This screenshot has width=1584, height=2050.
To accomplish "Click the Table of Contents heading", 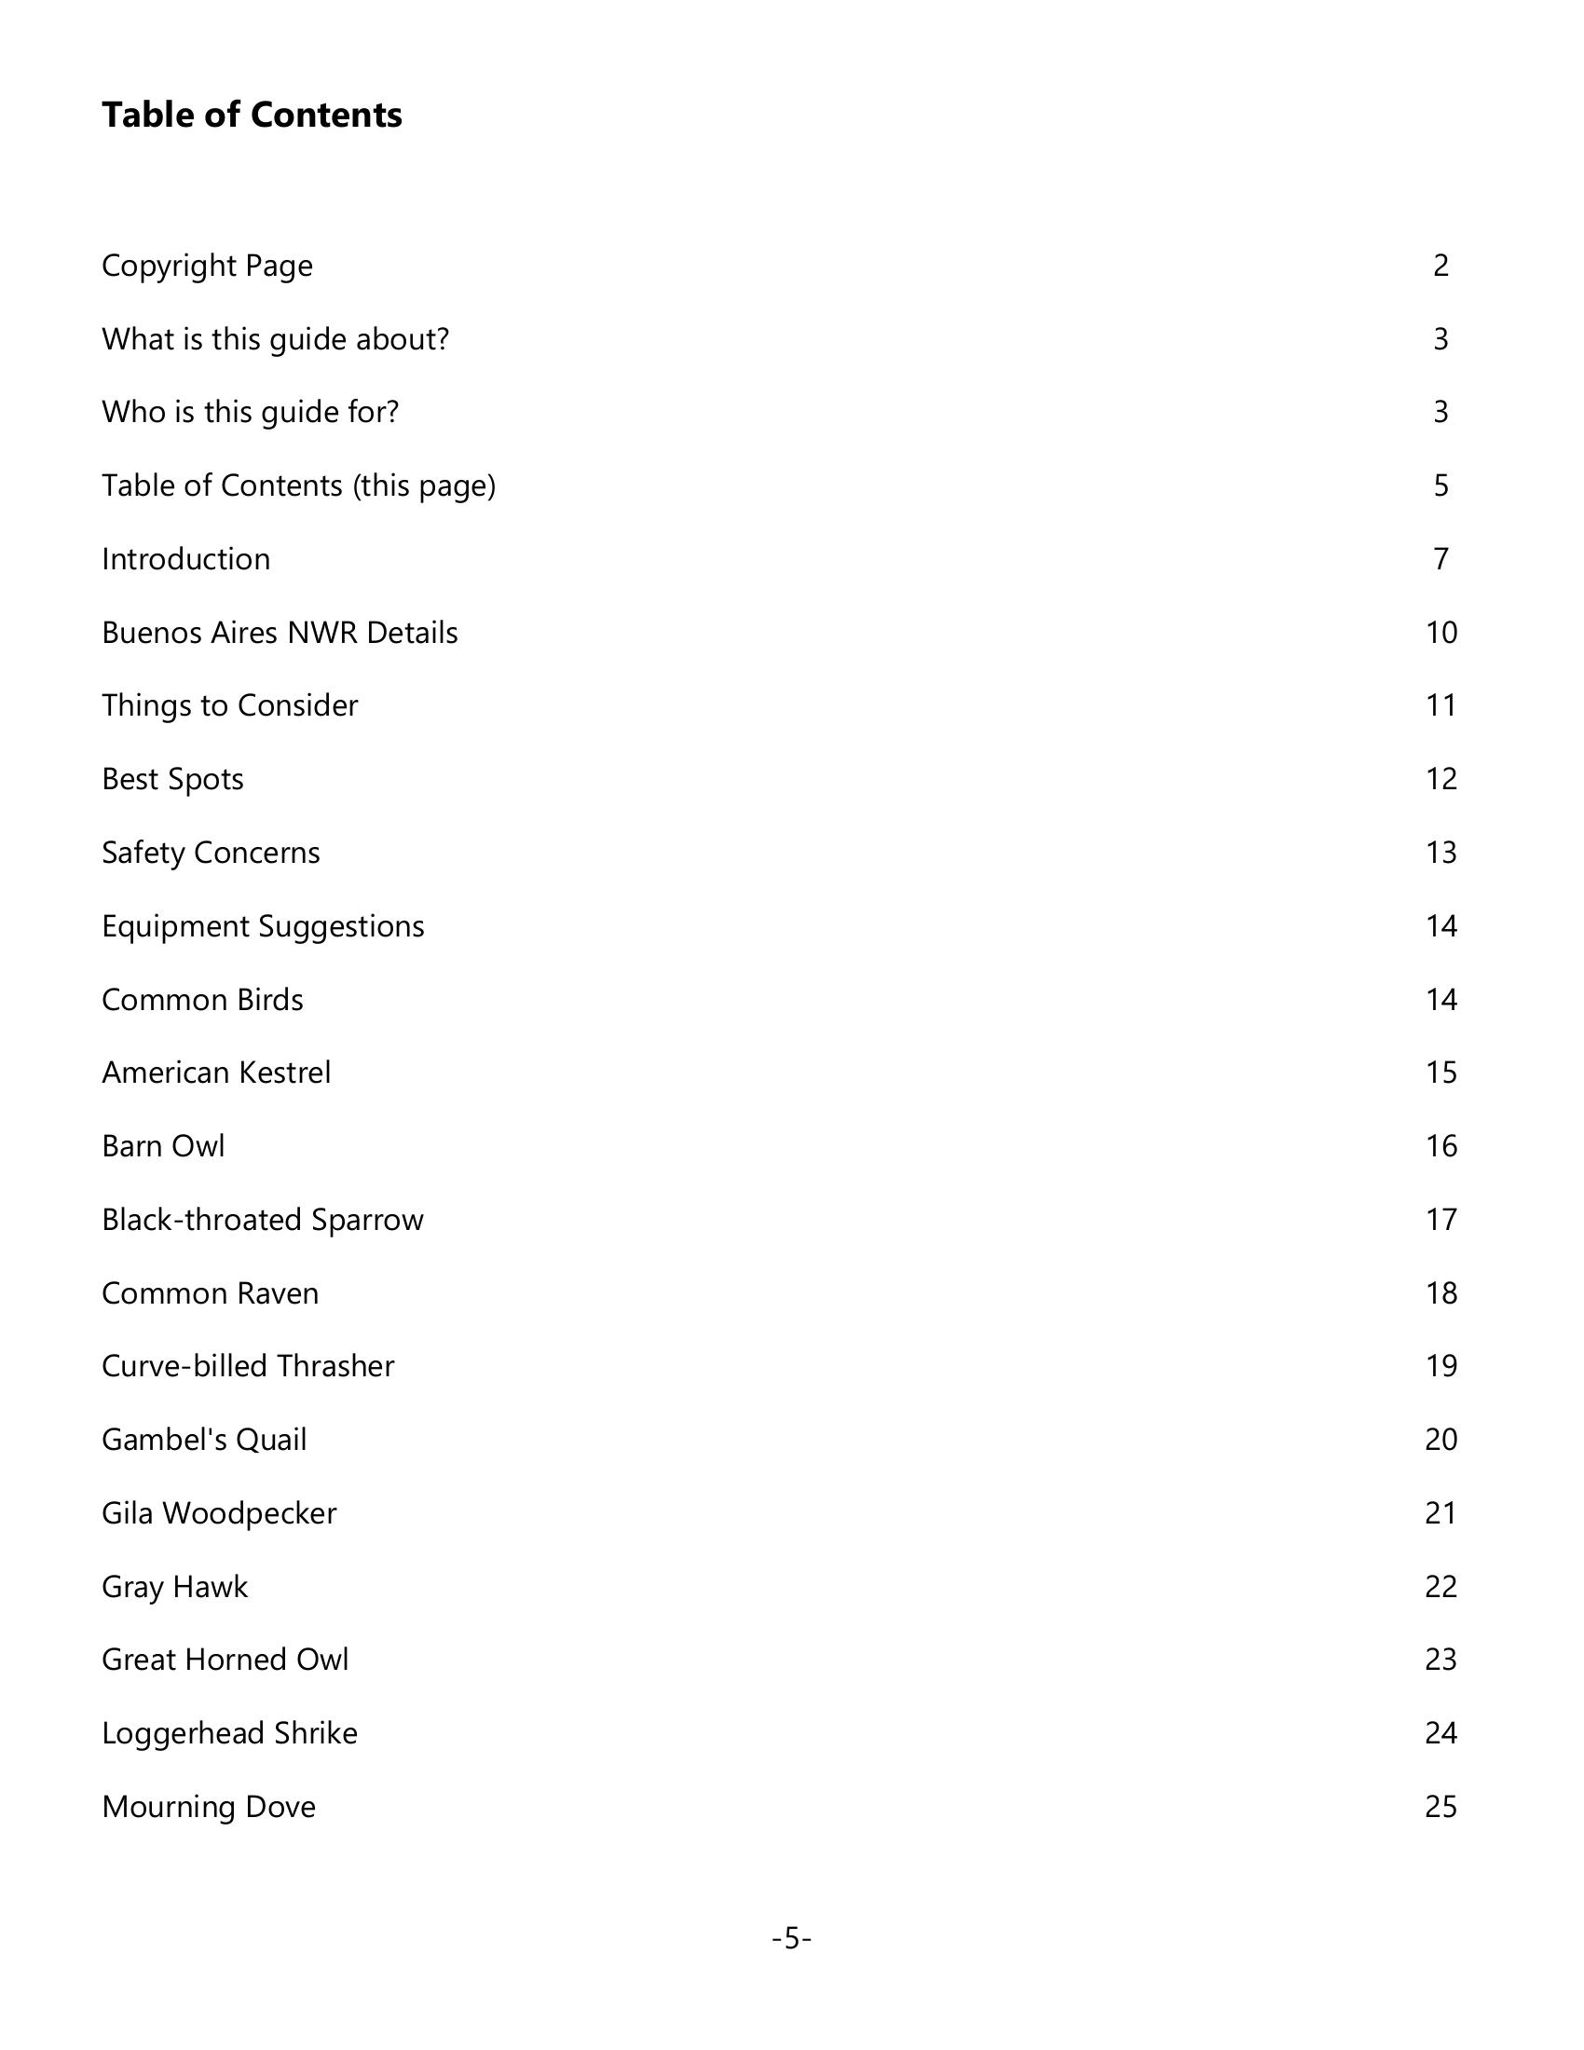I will (x=252, y=115).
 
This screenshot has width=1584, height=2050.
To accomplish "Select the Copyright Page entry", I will (x=207, y=266).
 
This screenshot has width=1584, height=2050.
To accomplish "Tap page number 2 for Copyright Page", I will (x=1441, y=266).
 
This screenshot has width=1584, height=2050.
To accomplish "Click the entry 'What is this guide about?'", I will (x=275, y=339).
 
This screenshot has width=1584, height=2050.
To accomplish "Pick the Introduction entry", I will (x=185, y=559).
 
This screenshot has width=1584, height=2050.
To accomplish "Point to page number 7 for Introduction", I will (x=1441, y=559).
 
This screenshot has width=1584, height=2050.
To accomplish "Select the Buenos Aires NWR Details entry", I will (x=280, y=633).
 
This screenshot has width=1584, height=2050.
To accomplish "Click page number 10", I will (x=1441, y=633).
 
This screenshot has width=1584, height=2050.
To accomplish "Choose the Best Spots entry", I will (x=172, y=779).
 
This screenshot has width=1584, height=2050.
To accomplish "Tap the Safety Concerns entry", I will (x=211, y=853).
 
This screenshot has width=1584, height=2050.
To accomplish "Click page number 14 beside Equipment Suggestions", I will (x=1441, y=926).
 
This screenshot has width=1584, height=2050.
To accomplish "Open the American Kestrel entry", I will (x=216, y=1073).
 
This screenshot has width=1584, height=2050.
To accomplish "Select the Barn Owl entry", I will (x=163, y=1146).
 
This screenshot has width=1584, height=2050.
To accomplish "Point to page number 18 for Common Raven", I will (x=1441, y=1293).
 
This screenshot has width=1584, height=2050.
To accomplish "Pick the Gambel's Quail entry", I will (x=204, y=1440).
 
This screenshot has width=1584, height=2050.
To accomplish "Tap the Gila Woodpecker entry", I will (x=219, y=1513).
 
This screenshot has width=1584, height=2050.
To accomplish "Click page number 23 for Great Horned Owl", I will (x=1441, y=1660).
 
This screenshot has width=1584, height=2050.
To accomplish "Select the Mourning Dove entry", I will (x=209, y=1807).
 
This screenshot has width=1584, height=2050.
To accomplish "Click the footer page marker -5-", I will (x=791, y=1938).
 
